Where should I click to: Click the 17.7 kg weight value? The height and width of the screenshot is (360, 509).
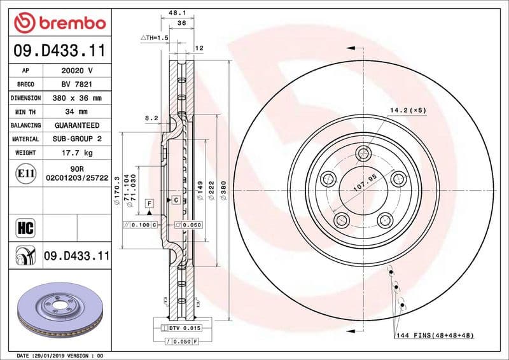point(76,153)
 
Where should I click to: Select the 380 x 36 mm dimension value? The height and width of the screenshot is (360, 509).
point(76,98)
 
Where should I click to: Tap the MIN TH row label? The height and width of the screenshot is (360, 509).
point(25,112)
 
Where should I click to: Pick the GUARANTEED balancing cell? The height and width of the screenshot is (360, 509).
point(76,125)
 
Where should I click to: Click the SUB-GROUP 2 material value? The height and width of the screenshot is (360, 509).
point(76,139)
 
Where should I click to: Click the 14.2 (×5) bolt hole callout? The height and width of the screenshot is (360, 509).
point(408,110)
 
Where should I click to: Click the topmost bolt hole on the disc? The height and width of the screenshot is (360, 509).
point(363,153)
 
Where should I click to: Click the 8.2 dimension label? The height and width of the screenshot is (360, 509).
point(151,118)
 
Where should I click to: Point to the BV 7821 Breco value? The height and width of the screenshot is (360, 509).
point(76,85)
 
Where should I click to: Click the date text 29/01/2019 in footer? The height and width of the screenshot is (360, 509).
point(46,355)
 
